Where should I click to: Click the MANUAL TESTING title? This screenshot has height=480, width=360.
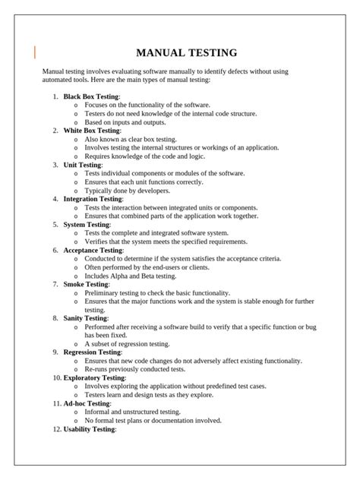coord(186,53)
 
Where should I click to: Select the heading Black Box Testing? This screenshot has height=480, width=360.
coord(91,96)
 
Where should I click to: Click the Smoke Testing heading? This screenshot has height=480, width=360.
coord(86,284)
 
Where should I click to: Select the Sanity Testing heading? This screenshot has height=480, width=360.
coord(86,318)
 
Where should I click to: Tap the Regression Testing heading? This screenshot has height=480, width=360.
coord(92,352)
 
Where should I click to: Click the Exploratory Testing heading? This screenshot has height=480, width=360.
coord(94,377)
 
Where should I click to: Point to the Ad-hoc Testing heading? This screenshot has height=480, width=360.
coord(87,403)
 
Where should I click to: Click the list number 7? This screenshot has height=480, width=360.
coord(55,284)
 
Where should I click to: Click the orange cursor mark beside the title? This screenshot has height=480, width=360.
coord(35,52)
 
